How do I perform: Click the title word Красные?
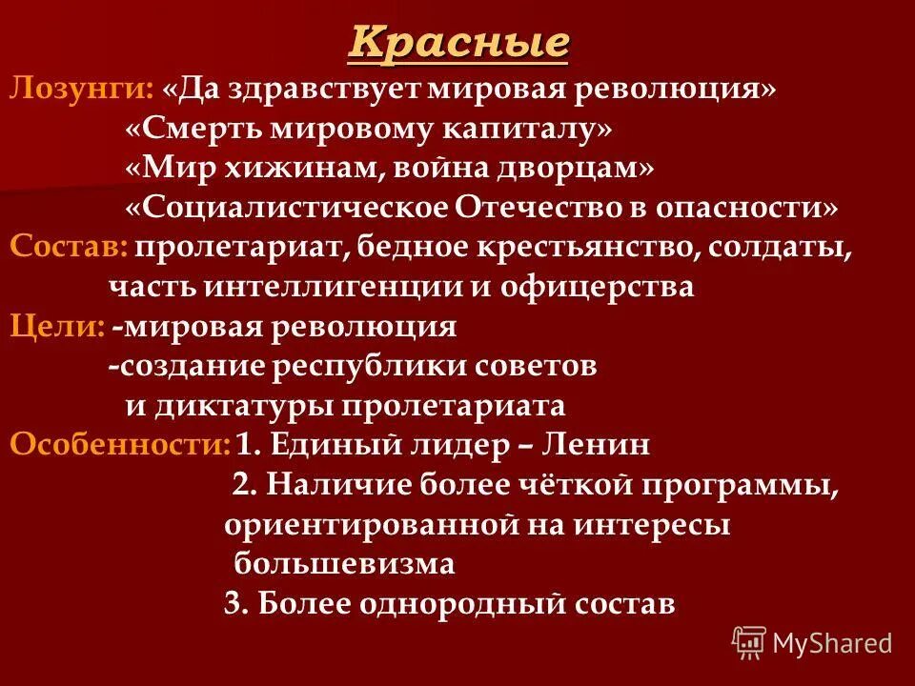[458, 43]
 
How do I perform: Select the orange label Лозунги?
[81, 90]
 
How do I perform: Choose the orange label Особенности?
[119, 445]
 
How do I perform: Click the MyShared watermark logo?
[812, 642]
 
